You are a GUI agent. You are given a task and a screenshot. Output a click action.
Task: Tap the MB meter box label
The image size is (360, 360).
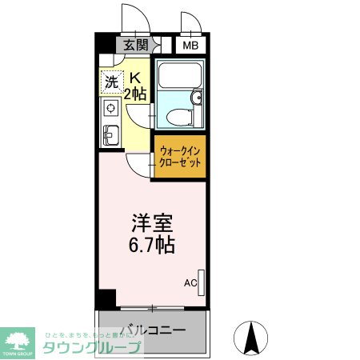pos(190,45)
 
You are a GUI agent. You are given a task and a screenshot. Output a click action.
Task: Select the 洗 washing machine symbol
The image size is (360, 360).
pos(111,81)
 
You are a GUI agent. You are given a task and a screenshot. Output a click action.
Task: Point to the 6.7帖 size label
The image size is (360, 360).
pos(153,244)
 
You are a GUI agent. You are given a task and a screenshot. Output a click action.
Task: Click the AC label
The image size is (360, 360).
pos(190,282)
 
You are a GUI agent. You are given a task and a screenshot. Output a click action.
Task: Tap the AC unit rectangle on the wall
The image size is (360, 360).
pos(202,282)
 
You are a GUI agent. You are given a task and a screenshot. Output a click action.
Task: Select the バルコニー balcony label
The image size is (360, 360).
pos(154,330)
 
